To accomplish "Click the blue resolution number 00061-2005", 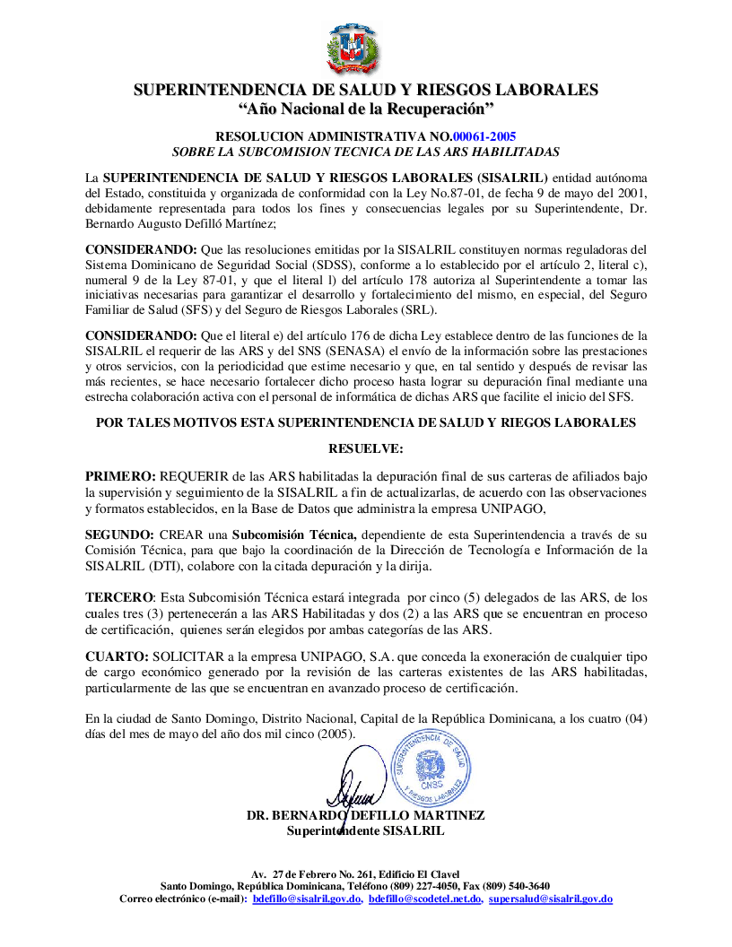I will [484, 136].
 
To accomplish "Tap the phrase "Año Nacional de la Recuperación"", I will [366, 109].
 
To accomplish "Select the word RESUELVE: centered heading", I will [366, 447].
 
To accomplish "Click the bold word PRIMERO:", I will [120, 475].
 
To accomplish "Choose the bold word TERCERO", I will [119, 597].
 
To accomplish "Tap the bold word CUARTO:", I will [117, 657].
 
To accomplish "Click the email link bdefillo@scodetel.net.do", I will [425, 899].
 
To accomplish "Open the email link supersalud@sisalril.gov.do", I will [551, 899].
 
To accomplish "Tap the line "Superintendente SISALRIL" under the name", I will [365, 830].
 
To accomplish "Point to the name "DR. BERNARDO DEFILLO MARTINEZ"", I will [365, 815].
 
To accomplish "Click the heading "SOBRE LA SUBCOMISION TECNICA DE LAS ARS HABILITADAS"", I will [366, 152].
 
